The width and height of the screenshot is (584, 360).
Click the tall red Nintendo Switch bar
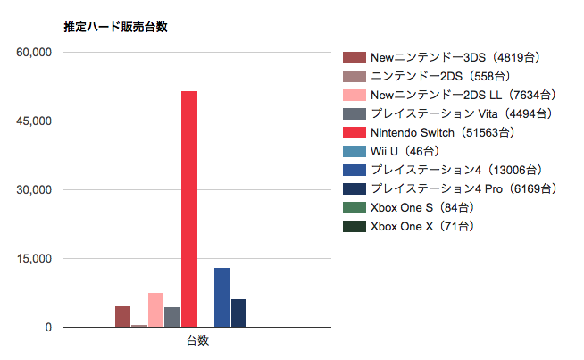coord(189,209)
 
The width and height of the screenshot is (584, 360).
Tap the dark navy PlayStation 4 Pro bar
coord(238,313)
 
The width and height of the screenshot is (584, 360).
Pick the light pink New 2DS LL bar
coord(156,310)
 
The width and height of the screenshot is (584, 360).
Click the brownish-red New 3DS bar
coord(123,316)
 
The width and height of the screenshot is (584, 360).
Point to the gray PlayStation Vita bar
coord(172,317)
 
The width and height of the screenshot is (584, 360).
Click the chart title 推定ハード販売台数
coord(116,27)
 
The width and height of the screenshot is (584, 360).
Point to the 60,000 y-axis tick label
coord(35,53)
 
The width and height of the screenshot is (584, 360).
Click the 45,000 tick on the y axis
coord(35,121)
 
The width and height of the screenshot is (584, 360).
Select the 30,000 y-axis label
coord(35,190)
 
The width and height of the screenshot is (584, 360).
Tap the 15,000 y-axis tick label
coord(35,259)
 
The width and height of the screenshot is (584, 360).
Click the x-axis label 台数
coord(197,340)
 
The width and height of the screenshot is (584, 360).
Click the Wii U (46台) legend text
coord(410,151)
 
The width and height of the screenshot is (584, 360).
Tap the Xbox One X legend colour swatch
coord(355,227)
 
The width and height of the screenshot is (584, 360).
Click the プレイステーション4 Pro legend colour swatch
coord(355,188)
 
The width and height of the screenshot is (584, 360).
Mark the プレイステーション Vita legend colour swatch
coord(355,113)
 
